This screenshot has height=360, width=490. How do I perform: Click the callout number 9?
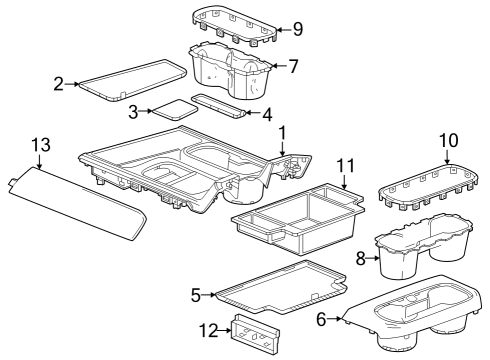(296, 30)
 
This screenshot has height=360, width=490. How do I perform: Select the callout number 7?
(294, 68)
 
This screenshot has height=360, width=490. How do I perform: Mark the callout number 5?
(196, 294)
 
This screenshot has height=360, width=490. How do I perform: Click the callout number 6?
(322, 321)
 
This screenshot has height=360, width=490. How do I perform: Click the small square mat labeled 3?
(173, 109)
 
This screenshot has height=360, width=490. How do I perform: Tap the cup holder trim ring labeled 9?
(232, 26)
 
